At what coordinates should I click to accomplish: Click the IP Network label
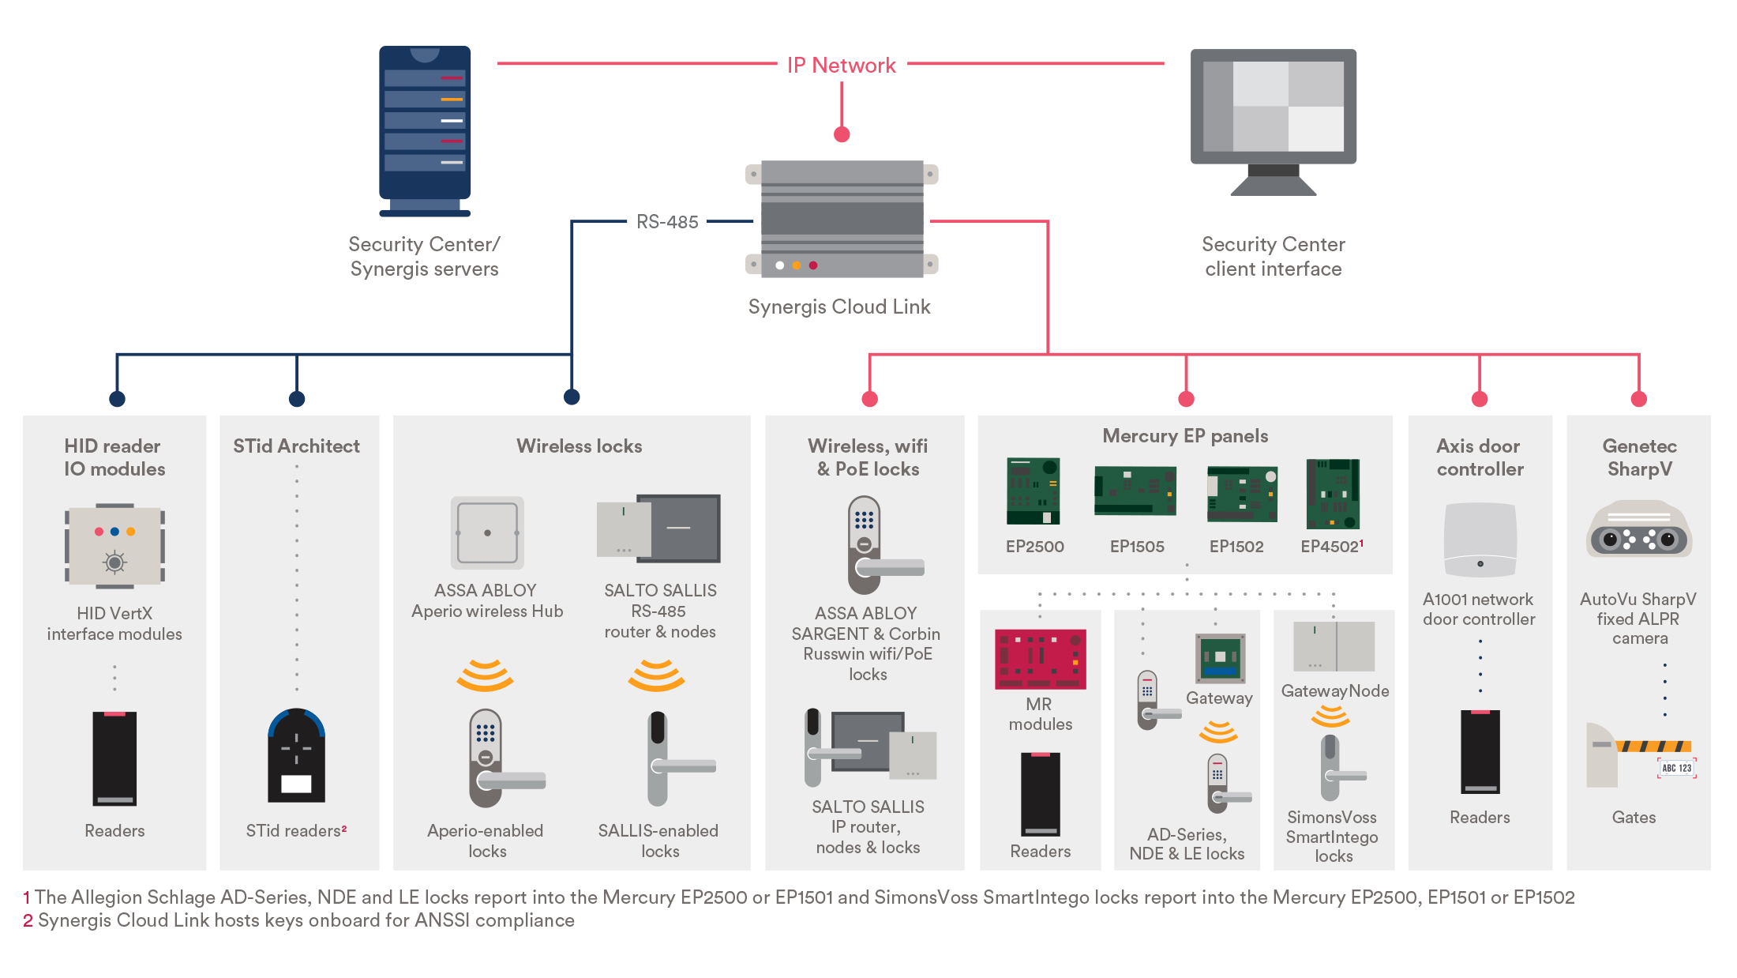coord(841,66)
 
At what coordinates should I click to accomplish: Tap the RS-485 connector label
coord(667,222)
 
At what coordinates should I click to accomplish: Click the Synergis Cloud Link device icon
coord(842,219)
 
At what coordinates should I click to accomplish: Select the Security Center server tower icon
coord(425,130)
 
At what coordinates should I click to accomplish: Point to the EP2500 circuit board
coord(1033,491)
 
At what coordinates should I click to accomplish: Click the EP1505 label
coord(1136,547)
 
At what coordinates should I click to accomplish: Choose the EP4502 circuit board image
coord(1333,494)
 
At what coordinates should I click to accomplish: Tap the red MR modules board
coord(1040,659)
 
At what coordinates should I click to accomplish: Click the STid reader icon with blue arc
coord(296,755)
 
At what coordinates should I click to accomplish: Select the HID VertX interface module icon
coord(114,546)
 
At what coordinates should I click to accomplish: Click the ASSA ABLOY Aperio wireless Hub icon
coord(487,533)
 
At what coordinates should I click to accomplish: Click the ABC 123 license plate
coord(1676,768)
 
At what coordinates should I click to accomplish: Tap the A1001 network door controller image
coord(1480,540)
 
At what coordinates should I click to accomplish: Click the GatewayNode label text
coord(1334,691)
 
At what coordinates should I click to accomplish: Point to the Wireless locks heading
coord(579,446)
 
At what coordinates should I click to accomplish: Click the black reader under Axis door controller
coord(1480,751)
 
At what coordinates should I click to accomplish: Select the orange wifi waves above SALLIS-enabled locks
coord(656,675)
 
